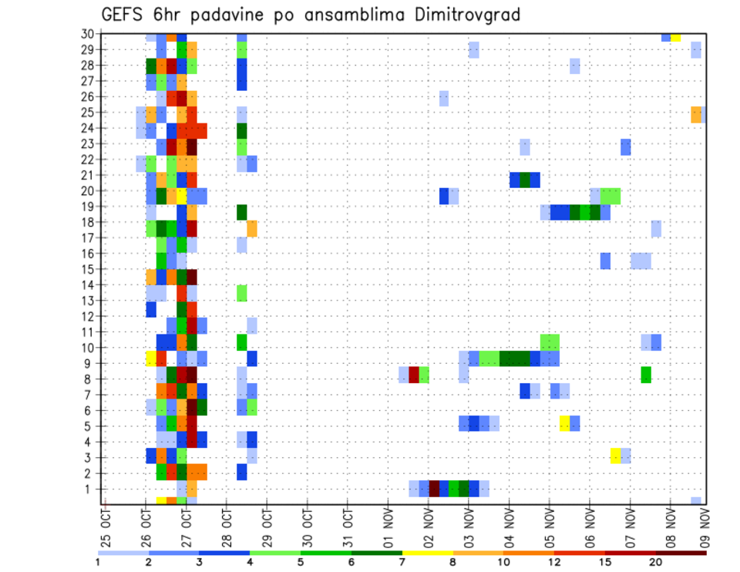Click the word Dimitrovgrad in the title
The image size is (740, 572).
click(463, 15)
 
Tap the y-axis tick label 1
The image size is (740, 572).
click(90, 489)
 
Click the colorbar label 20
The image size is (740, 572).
click(656, 563)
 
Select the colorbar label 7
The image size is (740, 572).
click(402, 563)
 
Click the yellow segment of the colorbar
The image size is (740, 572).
click(428, 553)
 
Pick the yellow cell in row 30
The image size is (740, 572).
click(676, 36)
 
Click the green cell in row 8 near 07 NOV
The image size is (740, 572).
click(646, 375)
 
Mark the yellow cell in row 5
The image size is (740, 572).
click(565, 423)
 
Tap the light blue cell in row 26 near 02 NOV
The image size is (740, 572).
click(444, 99)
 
